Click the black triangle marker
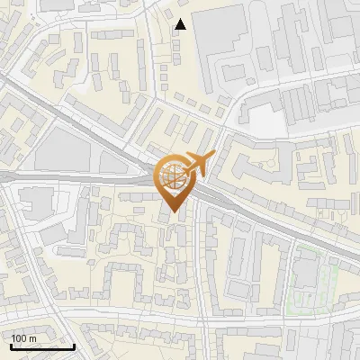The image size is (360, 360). coord(182,24)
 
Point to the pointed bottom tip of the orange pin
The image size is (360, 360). coord(175,212)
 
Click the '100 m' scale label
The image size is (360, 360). coord(23,338)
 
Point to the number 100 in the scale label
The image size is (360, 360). coord(19,338)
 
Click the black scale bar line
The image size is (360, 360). coord(42,346)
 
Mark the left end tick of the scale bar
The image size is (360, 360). coord(11,345)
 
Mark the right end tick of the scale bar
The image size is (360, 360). coord(74,345)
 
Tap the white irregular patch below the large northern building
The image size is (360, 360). coord(261,117)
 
